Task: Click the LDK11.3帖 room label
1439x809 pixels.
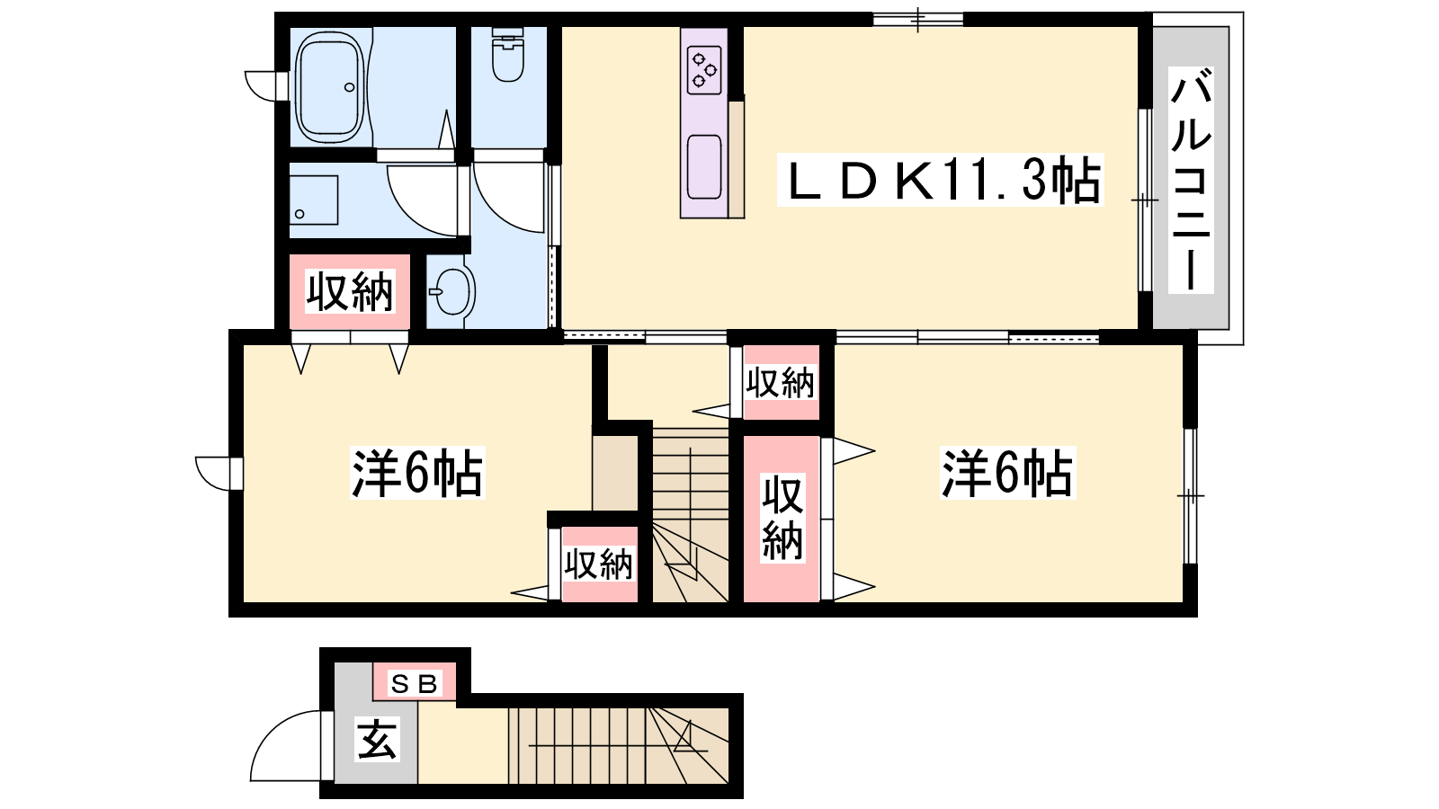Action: (941, 181)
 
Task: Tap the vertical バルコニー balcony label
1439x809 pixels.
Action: (1191, 180)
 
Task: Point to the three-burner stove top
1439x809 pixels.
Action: (704, 70)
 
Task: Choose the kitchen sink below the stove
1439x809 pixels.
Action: (704, 167)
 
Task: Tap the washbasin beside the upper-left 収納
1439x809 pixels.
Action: (452, 291)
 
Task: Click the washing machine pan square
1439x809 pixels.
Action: (314, 200)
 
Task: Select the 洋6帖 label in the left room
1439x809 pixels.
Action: (417, 473)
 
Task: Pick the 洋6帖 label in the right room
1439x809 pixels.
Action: (1006, 473)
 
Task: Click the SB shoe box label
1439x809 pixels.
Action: (415, 684)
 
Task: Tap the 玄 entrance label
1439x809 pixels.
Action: (377, 739)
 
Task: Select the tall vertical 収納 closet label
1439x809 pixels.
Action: (782, 518)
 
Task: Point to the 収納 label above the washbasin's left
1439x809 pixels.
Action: (349, 292)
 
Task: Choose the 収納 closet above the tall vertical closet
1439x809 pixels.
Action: (780, 383)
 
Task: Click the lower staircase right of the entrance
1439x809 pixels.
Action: (618, 745)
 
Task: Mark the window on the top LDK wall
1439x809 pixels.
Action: (918, 19)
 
